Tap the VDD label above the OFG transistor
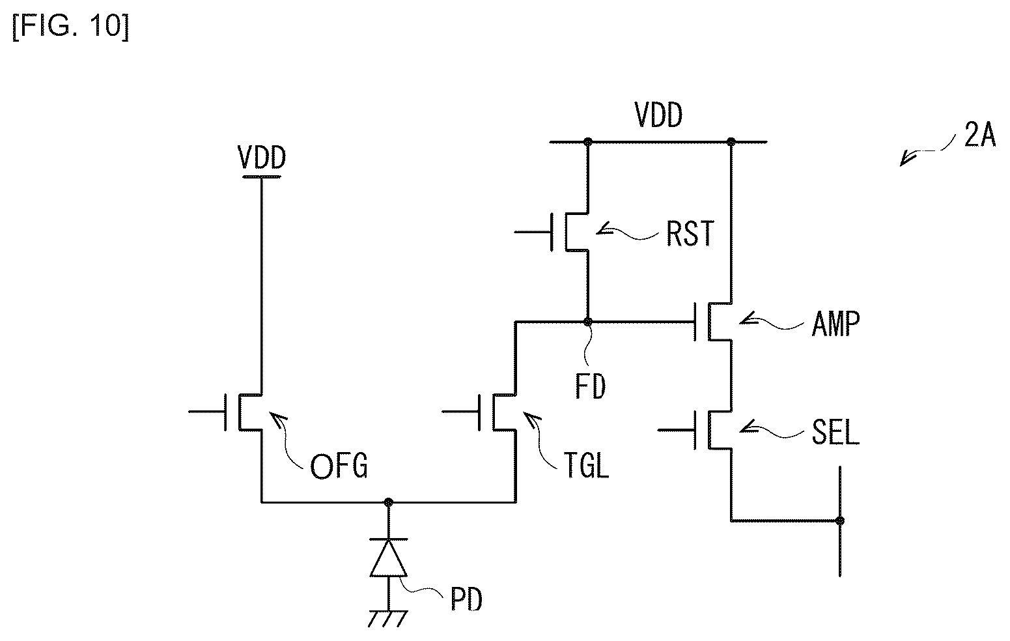[x=262, y=158]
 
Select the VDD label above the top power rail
[x=658, y=115]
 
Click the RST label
[x=690, y=233]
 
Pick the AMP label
[x=835, y=324]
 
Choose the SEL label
[x=835, y=432]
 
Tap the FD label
[x=590, y=386]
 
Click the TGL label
[x=586, y=465]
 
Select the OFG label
[x=339, y=466]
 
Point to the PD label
[x=467, y=599]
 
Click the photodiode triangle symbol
[x=389, y=558]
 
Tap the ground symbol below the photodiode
[x=387, y=618]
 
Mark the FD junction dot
[x=588, y=322]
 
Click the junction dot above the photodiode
[x=388, y=502]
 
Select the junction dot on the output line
[x=839, y=520]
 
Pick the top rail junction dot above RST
[x=587, y=142]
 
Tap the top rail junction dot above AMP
[x=731, y=142]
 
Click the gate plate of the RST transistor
[x=552, y=232]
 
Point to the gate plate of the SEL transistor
[x=695, y=430]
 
